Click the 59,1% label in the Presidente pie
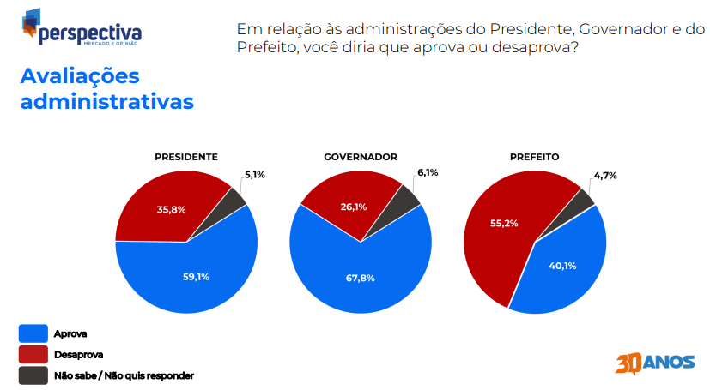196,277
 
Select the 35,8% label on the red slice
171,210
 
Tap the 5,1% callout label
254,175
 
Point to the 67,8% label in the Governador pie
361,279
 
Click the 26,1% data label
354,207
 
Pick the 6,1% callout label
428,172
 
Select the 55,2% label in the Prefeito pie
504,223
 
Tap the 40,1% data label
562,267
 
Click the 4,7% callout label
605,176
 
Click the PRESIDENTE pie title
186,157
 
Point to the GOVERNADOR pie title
361,157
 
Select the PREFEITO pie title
534,157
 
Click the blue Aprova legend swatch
33,333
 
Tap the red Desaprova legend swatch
33,355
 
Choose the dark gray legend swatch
33,375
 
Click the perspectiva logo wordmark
90,34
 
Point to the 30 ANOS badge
655,363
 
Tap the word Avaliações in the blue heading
80,77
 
